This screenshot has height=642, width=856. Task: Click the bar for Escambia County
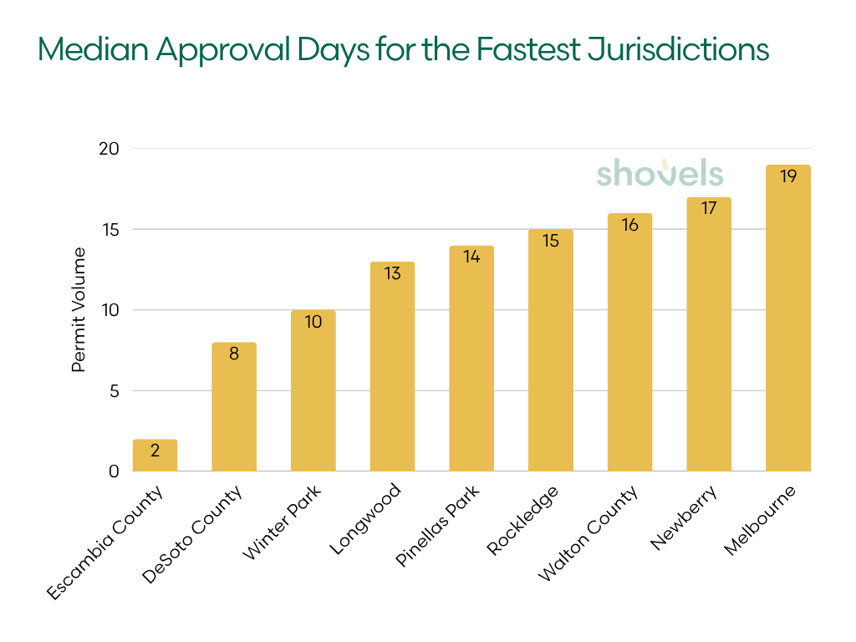(155, 456)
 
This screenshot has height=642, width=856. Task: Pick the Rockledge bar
(550, 351)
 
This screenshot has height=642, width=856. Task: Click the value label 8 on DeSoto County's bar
(234, 354)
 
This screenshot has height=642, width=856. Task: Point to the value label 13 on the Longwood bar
(392, 273)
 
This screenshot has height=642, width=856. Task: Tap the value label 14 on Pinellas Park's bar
(471, 257)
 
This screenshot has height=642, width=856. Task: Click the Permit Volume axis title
(79, 309)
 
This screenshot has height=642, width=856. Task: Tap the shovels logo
(660, 173)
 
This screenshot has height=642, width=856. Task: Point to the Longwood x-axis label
(366, 518)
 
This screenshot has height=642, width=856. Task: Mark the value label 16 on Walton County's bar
(629, 225)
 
